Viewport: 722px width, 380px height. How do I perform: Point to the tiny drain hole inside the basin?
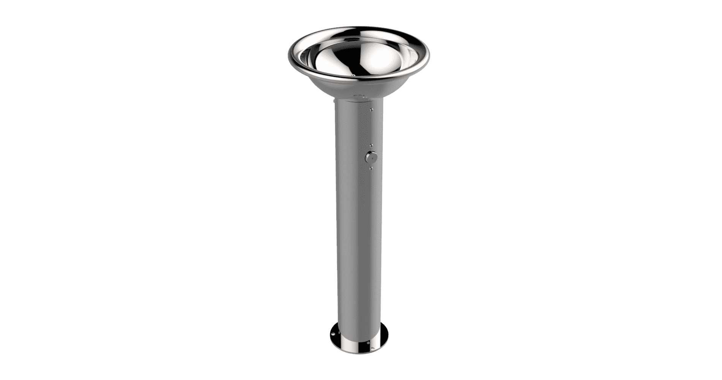pyautogui.click(x=353, y=76)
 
